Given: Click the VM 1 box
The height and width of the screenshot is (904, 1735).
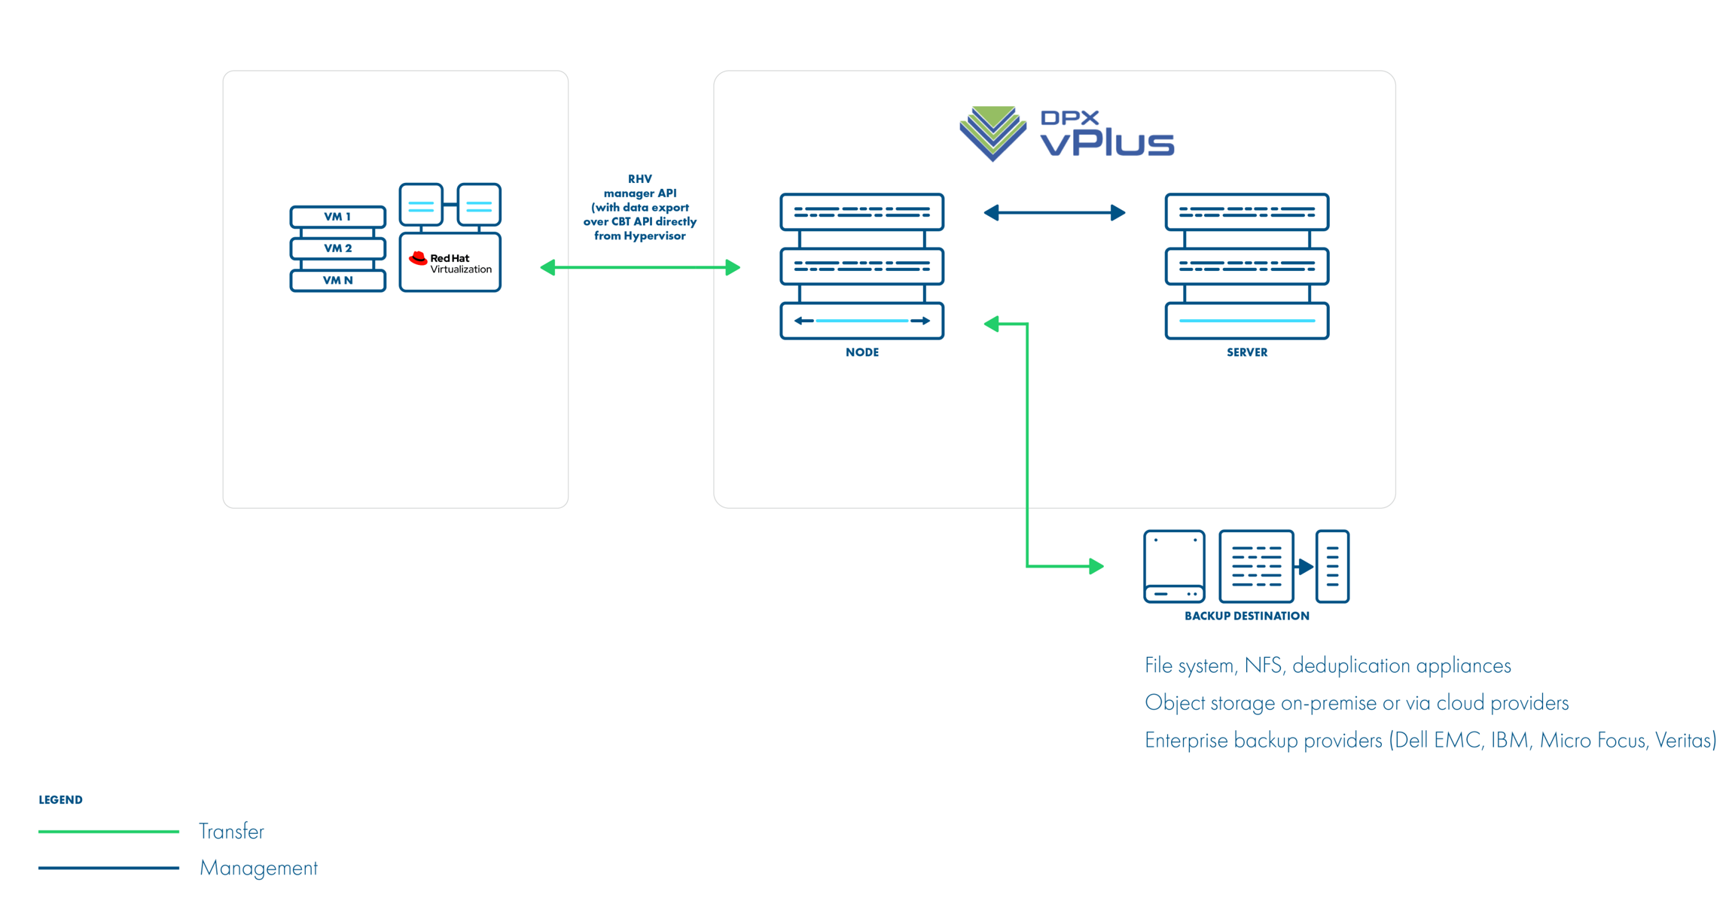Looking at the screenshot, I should (x=337, y=217).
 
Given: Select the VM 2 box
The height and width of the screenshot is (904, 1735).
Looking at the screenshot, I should (x=337, y=248).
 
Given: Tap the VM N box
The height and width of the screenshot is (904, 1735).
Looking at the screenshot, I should (x=337, y=281).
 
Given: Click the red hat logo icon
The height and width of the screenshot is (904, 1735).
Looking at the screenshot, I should (x=418, y=259).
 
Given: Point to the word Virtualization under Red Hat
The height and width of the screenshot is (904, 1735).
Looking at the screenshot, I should (x=461, y=269).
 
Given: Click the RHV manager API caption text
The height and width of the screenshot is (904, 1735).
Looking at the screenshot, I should (x=639, y=207).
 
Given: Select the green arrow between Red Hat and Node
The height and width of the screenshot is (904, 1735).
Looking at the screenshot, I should (x=640, y=267).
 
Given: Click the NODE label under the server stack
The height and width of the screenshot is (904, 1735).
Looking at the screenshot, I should (x=861, y=352).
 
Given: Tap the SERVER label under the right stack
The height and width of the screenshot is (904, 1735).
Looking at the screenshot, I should (x=1246, y=352).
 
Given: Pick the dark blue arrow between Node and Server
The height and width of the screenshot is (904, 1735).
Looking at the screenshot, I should (x=1054, y=213).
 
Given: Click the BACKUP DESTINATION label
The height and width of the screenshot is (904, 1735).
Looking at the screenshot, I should (x=1246, y=616).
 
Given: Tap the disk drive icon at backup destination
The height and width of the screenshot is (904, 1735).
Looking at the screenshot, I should (x=1174, y=567).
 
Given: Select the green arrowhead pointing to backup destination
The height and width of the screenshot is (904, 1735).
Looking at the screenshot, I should (x=1096, y=566).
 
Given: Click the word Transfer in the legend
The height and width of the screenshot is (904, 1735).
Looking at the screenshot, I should (x=231, y=832).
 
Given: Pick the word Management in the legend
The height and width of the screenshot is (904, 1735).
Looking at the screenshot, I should (x=258, y=869).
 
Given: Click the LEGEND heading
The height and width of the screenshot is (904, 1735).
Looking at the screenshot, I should (x=60, y=800).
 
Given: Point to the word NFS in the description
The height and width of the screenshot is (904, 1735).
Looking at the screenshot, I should (x=1264, y=666).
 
